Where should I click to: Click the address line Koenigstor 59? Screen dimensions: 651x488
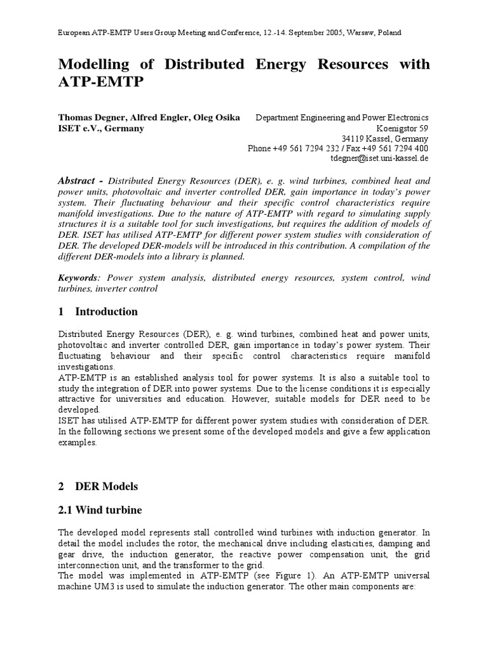click(402, 128)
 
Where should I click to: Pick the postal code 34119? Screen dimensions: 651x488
click(354, 138)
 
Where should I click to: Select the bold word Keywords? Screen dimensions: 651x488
click(78, 278)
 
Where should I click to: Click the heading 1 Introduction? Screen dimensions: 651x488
click(98, 312)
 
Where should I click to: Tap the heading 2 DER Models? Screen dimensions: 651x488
click(98, 486)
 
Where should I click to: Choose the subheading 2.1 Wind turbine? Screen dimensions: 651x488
click(100, 510)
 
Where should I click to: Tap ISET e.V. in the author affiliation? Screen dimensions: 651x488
click(79, 128)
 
